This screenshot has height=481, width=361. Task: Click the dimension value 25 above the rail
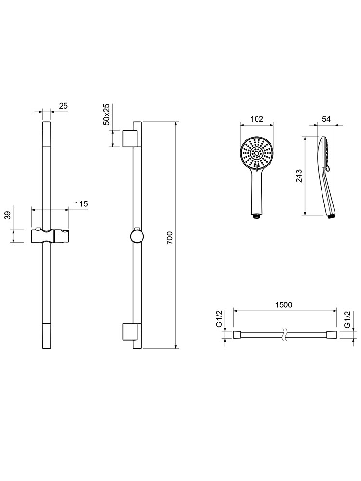pyautogui.click(x=63, y=106)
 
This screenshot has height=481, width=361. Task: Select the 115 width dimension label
pyautogui.click(x=81, y=203)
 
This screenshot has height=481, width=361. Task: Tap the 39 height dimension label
pyautogui.click(x=8, y=215)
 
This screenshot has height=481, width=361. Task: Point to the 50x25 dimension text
pyautogui.click(x=106, y=114)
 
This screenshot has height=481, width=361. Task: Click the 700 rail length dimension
pyautogui.click(x=169, y=238)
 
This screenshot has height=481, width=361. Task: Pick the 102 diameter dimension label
pyautogui.click(x=257, y=119)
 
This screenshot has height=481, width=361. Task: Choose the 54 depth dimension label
pyautogui.click(x=326, y=119)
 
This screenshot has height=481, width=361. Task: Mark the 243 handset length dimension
pyautogui.click(x=299, y=176)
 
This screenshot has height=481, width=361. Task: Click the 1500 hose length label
pyautogui.click(x=284, y=305)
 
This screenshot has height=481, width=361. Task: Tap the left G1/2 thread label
pyautogui.click(x=219, y=319)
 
